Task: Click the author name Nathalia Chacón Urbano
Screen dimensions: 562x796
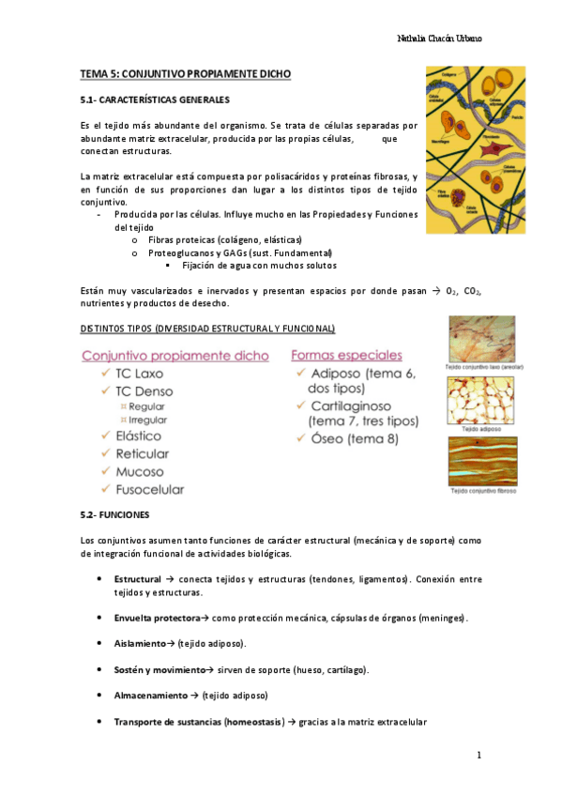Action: click(x=440, y=38)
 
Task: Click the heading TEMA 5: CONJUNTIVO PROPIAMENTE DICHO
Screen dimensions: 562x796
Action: click(x=186, y=73)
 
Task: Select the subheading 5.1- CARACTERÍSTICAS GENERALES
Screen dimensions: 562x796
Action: click(x=155, y=99)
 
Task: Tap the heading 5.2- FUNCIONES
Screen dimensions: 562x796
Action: click(x=116, y=515)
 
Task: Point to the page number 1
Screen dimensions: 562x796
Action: click(x=478, y=755)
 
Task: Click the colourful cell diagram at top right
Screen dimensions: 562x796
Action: click(x=468, y=149)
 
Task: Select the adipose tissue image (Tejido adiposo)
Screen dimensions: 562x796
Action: click(x=481, y=402)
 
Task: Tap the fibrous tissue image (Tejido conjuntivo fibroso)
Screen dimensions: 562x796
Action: click(x=481, y=460)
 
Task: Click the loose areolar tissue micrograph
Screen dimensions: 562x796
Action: click(x=481, y=338)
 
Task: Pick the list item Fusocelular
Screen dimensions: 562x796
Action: click(x=149, y=488)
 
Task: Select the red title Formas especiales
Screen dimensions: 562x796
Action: click(x=346, y=355)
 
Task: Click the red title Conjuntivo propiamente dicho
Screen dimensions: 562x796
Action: click(x=175, y=355)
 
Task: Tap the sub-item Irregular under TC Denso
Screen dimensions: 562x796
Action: click(x=146, y=420)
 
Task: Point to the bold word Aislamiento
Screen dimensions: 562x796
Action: click(x=140, y=643)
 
